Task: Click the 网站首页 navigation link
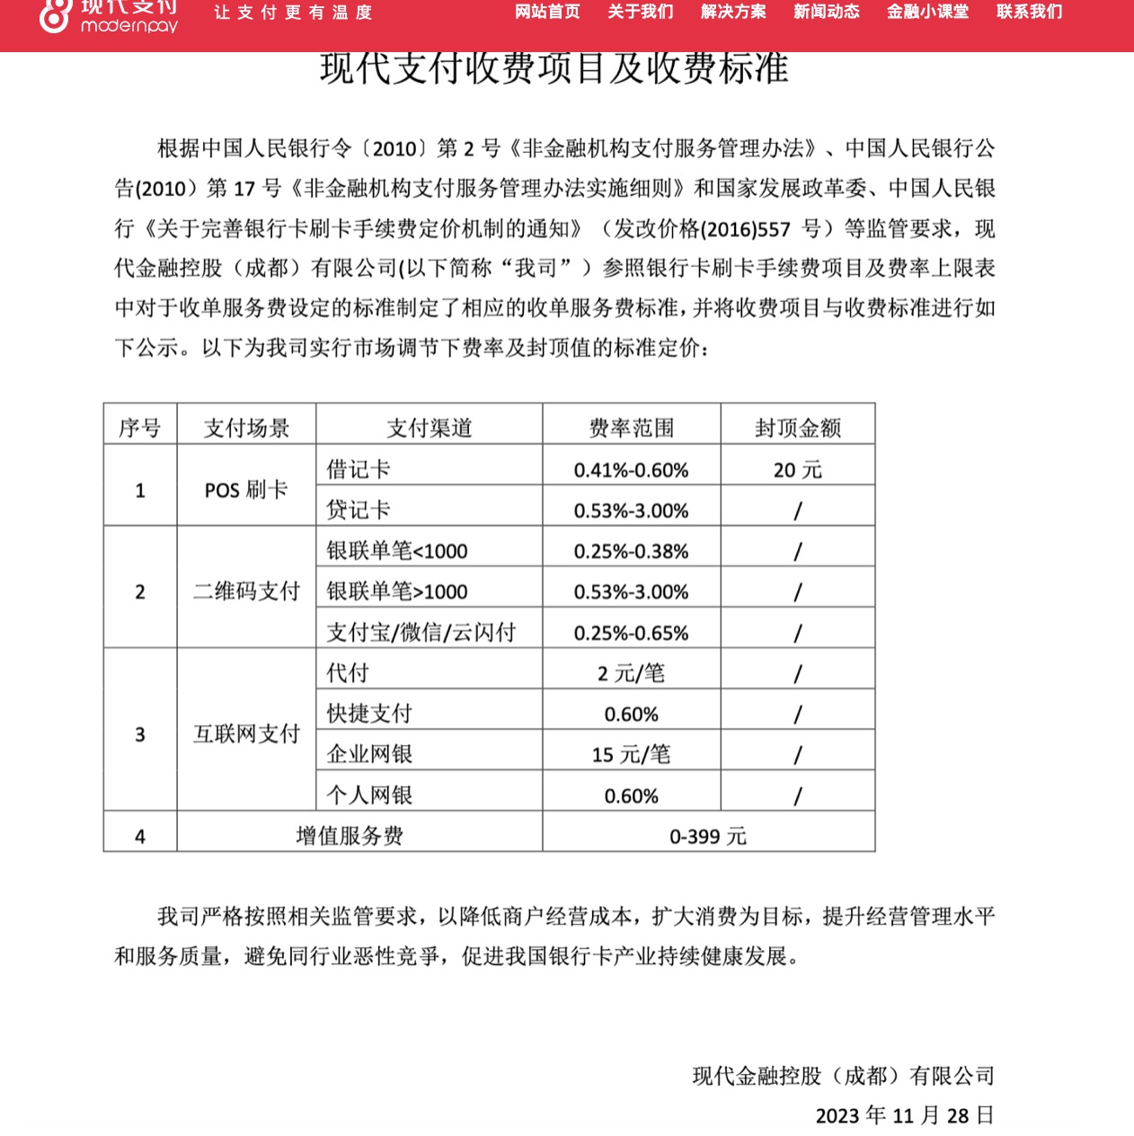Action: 547,12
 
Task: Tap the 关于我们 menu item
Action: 640,12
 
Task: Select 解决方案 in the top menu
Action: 733,12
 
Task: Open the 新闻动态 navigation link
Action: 826,12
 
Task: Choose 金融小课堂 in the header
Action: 927,12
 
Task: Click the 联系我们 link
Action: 1029,12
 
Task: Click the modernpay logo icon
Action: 55,14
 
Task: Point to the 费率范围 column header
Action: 631,428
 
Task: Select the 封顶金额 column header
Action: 797,428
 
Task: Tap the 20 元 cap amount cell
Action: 797,469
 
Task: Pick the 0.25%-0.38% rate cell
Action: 631,551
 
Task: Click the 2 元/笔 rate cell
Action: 631,673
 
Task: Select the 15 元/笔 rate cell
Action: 631,754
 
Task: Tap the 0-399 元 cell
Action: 707,836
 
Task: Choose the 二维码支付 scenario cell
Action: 246,591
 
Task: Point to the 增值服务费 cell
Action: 350,836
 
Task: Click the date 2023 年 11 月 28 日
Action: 904,1115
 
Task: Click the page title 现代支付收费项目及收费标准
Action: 554,69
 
